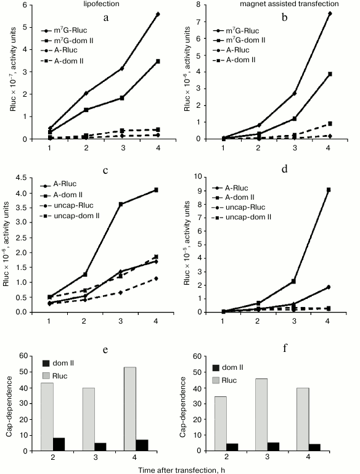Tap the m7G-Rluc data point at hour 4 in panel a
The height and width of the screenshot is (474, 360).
158,14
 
